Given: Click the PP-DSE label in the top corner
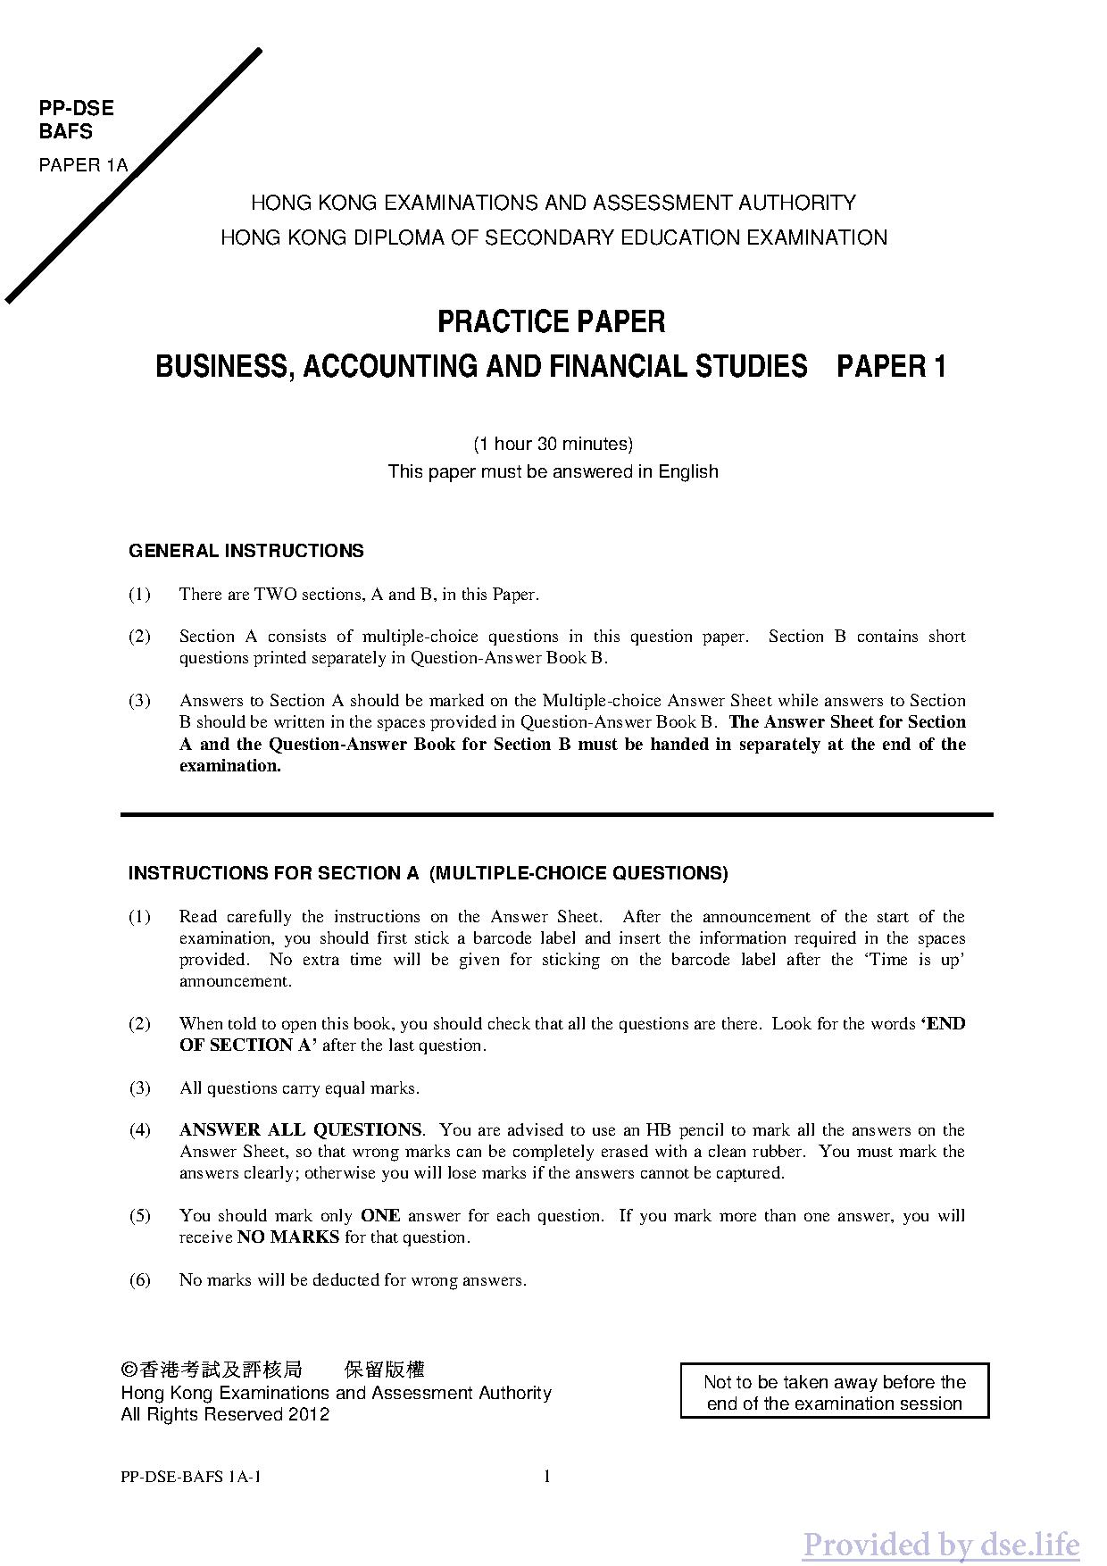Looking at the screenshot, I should point(76,108).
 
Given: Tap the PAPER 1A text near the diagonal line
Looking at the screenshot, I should point(83,165).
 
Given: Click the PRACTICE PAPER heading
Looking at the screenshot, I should point(551,321).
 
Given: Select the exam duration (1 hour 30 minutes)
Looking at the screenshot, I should point(553,444).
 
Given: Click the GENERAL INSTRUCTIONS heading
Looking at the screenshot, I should point(246,551).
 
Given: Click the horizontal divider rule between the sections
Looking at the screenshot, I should point(556,814).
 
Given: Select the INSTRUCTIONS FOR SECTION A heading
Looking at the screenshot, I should point(428,873).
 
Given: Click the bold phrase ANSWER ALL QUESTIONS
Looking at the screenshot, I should point(301,1130).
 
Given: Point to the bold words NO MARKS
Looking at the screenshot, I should point(288,1237).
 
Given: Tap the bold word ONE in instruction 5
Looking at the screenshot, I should point(380,1216).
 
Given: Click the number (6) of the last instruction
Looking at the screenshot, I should point(140,1280).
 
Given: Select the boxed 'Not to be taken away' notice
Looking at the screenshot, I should point(834,1393).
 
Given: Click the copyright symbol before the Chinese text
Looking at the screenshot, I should point(129,1370).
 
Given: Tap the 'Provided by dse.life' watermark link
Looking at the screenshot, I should point(940,1544).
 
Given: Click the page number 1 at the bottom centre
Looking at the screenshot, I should point(547,1477).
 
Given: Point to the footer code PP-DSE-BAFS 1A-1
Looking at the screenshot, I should point(190,1477).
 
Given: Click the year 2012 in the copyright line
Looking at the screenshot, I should point(309,1415).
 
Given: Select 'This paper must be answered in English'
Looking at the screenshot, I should point(553,471).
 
